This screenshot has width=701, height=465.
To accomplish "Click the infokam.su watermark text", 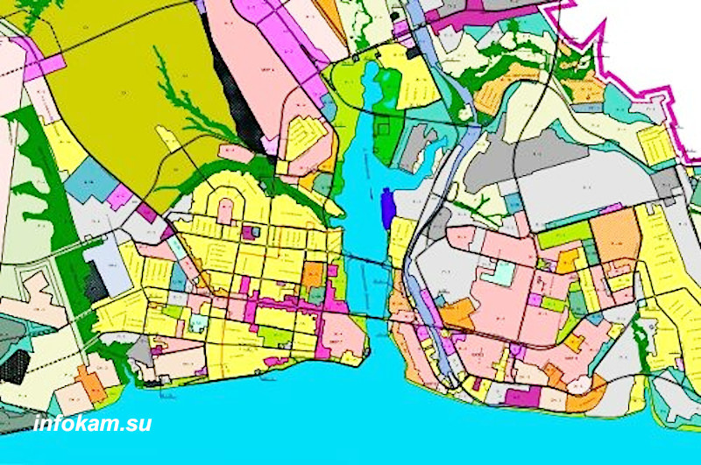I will (92, 424).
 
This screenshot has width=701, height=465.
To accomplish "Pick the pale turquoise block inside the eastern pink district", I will (499, 272).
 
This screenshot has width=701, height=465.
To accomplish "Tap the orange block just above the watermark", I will (91, 383).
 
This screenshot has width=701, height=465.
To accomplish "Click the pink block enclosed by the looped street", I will (226, 210).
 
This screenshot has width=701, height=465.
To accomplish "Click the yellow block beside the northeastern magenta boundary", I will (656, 145).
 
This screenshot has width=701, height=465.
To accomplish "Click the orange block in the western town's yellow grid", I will (312, 275).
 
